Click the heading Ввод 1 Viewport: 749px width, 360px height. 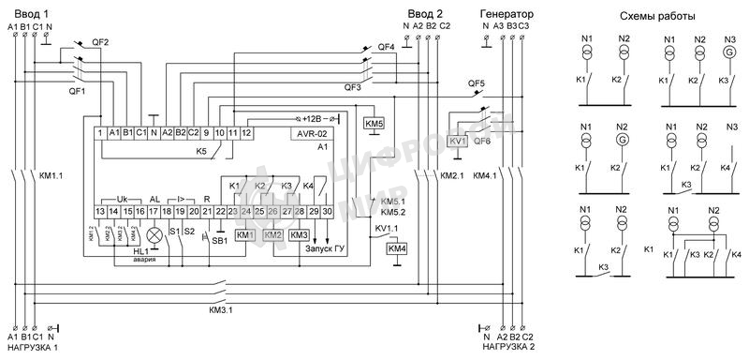(29, 12)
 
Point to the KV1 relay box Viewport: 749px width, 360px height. (458, 141)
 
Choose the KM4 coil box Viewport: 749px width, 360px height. (397, 248)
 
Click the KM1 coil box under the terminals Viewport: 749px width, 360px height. (245, 234)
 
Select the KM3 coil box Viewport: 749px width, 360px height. (299, 234)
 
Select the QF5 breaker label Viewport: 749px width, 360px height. (477, 83)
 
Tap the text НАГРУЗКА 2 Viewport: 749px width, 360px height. (509, 347)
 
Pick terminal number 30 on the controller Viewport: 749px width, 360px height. (327, 214)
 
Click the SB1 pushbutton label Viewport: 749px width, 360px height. (219, 241)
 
